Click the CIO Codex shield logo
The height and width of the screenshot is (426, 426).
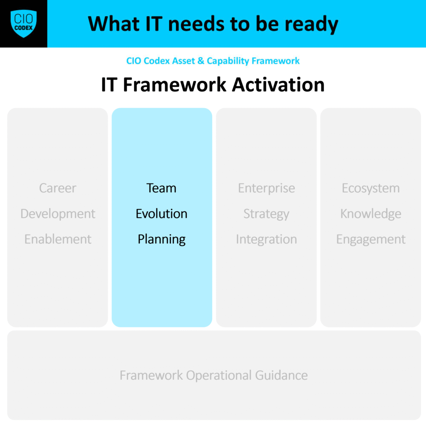point(24,24)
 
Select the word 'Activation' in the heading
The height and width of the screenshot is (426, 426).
point(278,84)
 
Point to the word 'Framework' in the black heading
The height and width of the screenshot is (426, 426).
point(175,84)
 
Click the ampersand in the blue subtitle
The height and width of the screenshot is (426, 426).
point(201,61)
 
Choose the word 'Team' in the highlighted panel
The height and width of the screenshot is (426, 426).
point(161,188)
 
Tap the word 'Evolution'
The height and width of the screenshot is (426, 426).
point(162,213)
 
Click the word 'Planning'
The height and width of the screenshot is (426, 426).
point(162,240)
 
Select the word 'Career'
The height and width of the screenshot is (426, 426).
point(57,188)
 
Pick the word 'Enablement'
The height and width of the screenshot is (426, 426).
point(58,239)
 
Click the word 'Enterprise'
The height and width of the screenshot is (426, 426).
point(267,188)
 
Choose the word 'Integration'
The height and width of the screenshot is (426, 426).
point(267,240)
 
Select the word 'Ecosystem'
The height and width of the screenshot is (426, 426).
point(371,188)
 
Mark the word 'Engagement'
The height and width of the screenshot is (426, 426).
point(371,240)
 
